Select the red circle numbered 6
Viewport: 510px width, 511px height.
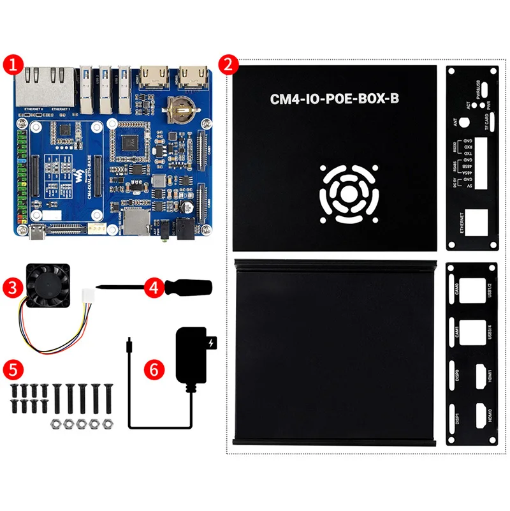click(x=152, y=369)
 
